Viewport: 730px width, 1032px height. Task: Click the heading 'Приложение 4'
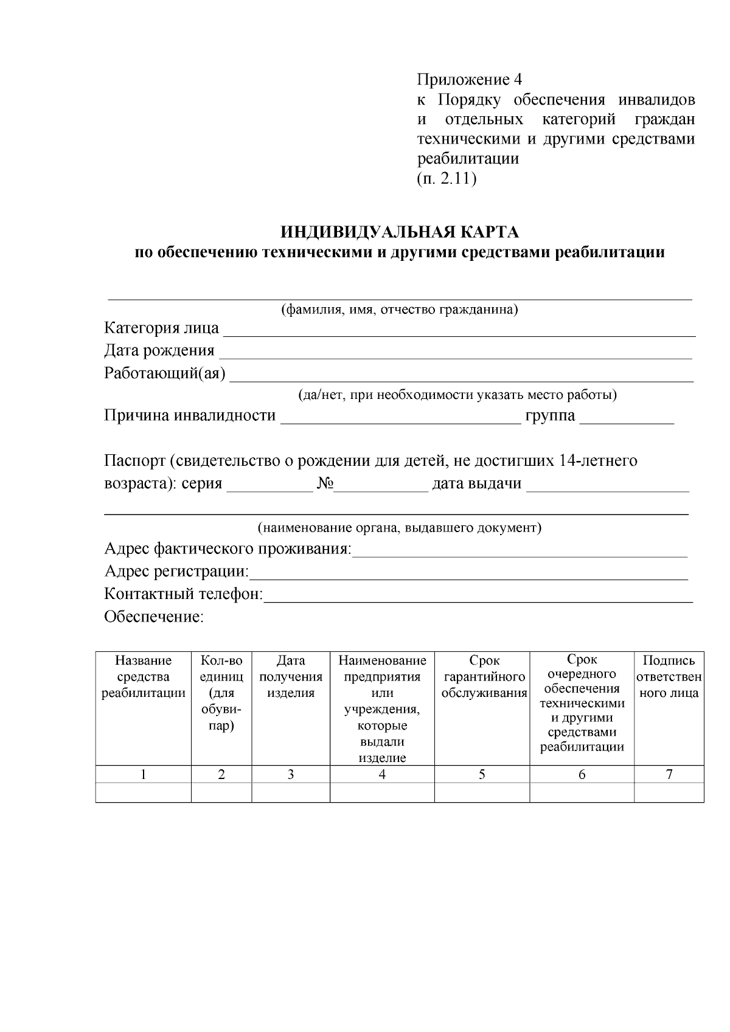[x=469, y=80]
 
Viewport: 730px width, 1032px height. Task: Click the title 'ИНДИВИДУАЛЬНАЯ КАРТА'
[x=399, y=232]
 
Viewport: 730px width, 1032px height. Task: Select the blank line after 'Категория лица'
[x=459, y=330]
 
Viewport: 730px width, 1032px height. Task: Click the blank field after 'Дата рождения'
[x=455, y=352]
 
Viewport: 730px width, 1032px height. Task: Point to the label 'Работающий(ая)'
[x=165, y=373]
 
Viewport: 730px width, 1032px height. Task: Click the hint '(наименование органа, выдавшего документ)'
[x=399, y=527]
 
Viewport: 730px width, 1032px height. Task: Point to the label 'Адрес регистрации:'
[x=176, y=572]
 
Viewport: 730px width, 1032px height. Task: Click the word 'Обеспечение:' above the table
[x=154, y=617]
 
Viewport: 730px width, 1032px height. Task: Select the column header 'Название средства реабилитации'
[x=144, y=677]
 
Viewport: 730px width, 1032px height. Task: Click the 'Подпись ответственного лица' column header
[x=669, y=677]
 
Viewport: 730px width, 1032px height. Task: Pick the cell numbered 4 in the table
[x=382, y=775]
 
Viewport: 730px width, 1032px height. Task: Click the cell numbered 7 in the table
[x=669, y=775]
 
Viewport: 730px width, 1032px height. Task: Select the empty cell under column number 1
[x=144, y=792]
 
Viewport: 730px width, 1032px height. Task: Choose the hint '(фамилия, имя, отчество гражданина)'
[x=399, y=310]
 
